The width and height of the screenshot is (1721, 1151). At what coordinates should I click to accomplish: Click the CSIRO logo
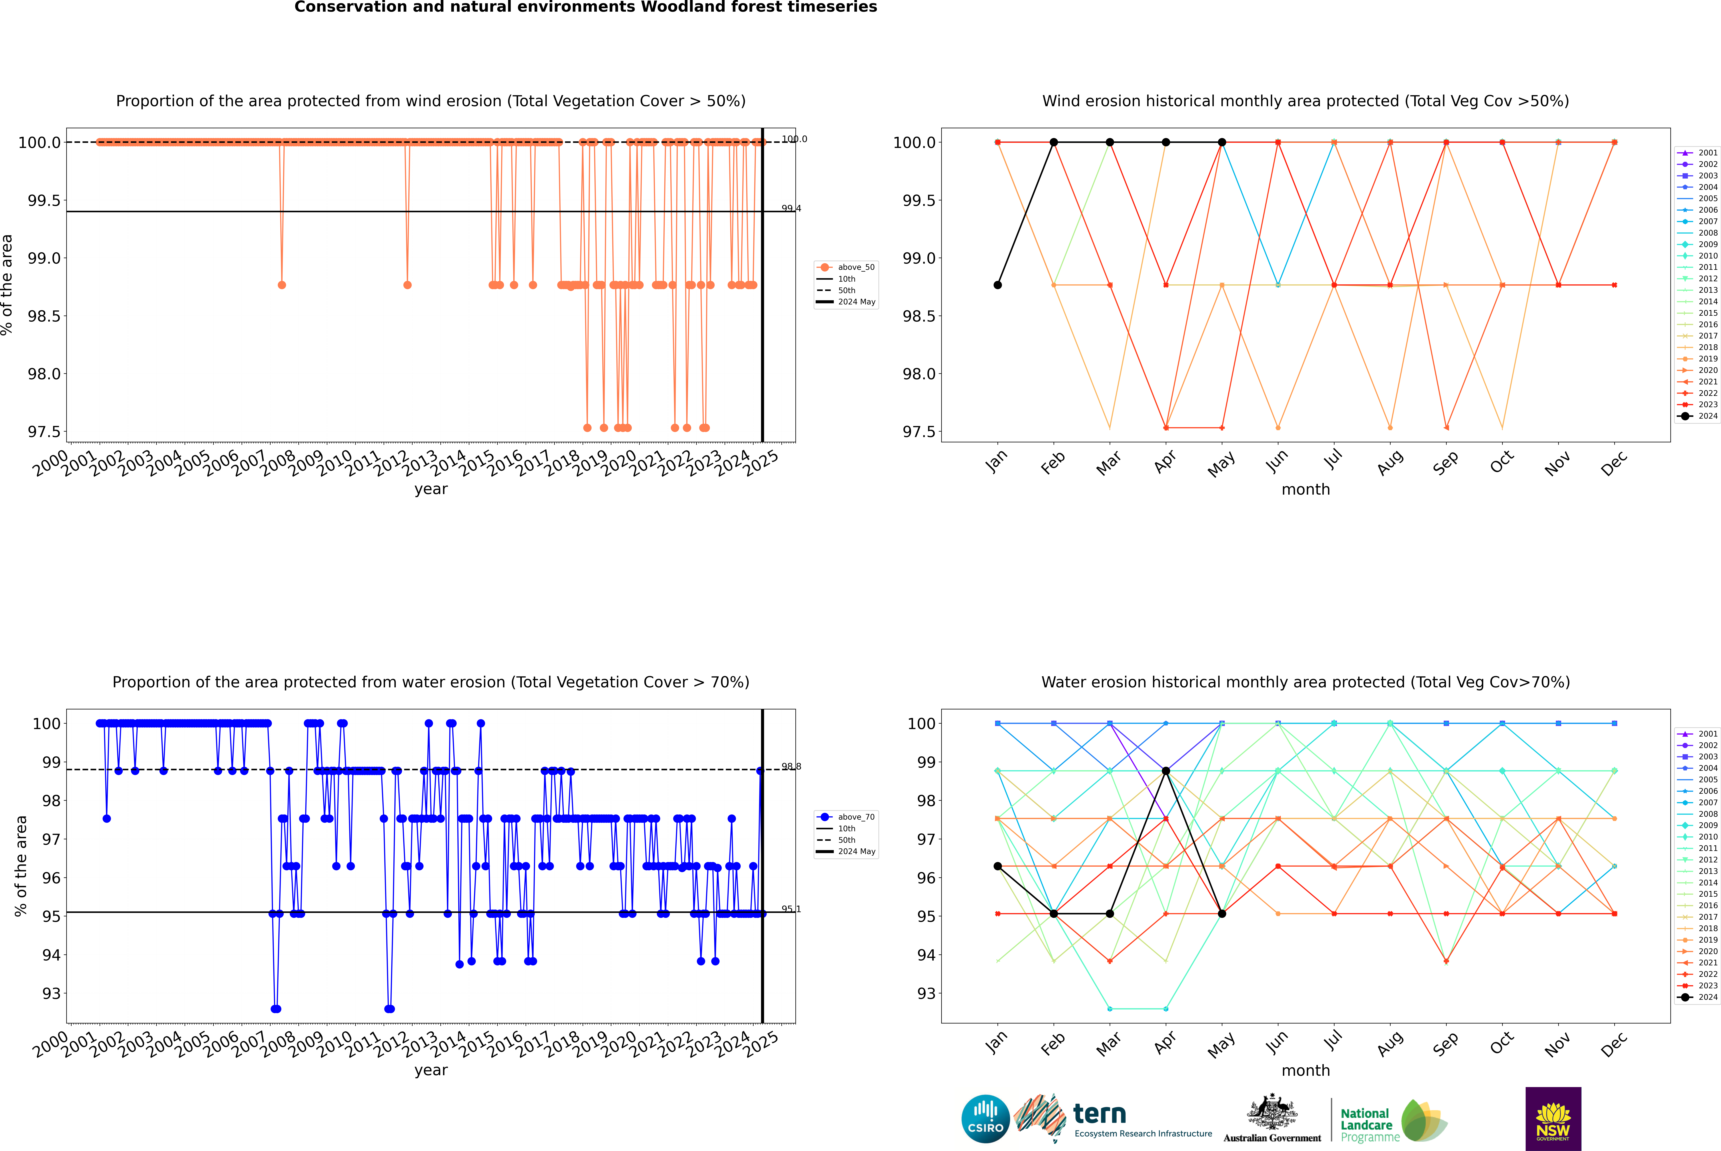(985, 1119)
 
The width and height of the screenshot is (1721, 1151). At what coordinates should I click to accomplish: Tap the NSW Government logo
(1553, 1119)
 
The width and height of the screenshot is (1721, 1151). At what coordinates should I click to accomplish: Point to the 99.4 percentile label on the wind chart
(791, 208)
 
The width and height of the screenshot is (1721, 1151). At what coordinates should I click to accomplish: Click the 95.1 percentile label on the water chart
(791, 909)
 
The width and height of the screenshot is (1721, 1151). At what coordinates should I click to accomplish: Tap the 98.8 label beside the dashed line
(791, 766)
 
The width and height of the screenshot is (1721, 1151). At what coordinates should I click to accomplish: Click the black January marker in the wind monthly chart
(998, 285)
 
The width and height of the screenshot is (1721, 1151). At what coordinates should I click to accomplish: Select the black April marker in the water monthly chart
(1166, 771)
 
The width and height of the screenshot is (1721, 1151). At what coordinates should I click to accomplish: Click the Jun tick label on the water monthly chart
(1277, 1042)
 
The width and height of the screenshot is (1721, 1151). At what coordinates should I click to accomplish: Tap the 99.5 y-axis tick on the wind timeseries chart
(44, 200)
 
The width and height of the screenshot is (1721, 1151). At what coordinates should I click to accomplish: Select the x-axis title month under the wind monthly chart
(1305, 490)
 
